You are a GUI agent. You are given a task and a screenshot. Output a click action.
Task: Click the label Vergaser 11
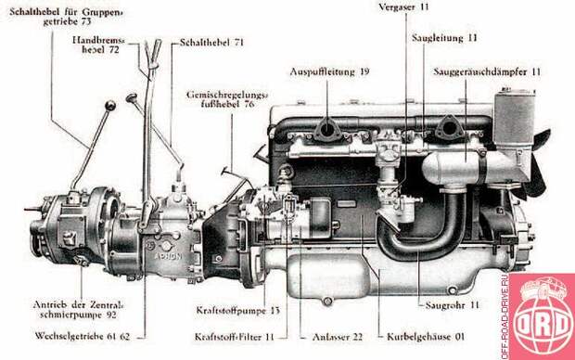click(403, 7)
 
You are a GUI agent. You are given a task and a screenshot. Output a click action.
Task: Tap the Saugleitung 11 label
click(444, 38)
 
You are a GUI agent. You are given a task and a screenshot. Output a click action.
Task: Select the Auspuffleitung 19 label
click(329, 71)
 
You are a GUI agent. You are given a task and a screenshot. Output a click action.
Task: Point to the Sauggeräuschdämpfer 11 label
click(487, 71)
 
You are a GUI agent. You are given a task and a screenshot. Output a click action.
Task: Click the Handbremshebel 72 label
click(99, 45)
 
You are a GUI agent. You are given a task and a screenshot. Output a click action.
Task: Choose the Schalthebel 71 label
click(211, 42)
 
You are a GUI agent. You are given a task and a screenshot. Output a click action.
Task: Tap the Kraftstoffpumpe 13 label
click(237, 311)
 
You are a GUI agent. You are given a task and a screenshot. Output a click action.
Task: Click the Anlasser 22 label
click(337, 337)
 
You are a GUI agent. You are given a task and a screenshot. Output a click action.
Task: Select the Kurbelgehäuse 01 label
click(426, 337)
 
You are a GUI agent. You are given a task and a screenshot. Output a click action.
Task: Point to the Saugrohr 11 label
click(453, 305)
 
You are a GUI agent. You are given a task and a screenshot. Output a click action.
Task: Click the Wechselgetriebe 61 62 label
click(83, 336)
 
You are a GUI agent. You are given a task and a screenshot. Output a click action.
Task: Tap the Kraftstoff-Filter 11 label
click(235, 337)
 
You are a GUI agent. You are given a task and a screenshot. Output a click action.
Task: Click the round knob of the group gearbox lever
click(110, 106)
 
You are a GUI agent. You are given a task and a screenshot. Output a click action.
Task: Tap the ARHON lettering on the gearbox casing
click(168, 256)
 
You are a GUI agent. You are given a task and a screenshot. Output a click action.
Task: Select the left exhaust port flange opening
click(325, 129)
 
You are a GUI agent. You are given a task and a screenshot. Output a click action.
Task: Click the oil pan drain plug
click(326, 302)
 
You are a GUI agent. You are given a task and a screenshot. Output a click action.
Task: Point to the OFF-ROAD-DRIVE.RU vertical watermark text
click(505, 316)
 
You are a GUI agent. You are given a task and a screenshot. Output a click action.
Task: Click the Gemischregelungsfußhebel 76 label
click(227, 99)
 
